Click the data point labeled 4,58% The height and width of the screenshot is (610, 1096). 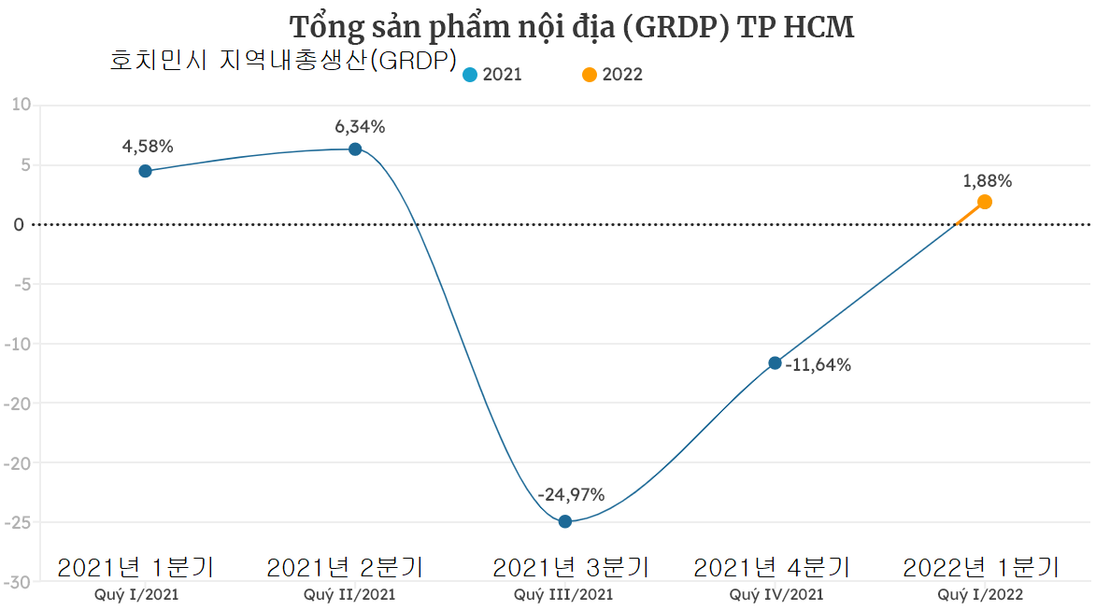click(x=145, y=171)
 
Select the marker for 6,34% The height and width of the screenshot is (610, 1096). click(x=355, y=149)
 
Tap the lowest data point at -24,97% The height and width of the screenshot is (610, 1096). click(x=565, y=521)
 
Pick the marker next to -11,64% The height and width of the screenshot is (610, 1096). click(x=775, y=362)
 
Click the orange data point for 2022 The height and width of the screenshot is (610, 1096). click(x=984, y=202)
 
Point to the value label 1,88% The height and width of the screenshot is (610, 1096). click(x=988, y=181)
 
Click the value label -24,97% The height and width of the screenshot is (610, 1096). click(x=571, y=494)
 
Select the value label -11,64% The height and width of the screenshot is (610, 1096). click(x=818, y=365)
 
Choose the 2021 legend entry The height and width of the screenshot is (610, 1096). click(x=492, y=75)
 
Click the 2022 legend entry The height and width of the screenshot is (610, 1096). click(x=612, y=75)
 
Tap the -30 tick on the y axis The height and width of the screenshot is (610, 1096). click(x=18, y=581)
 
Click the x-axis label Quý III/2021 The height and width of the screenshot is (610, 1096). click(x=563, y=594)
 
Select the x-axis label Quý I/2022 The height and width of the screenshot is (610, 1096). click(x=980, y=594)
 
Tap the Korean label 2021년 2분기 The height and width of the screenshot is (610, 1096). click(x=345, y=567)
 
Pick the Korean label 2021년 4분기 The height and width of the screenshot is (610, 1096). click(x=772, y=567)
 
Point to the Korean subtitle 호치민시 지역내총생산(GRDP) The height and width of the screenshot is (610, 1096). click(x=283, y=61)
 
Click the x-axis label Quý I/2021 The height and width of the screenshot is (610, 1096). click(x=136, y=594)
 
